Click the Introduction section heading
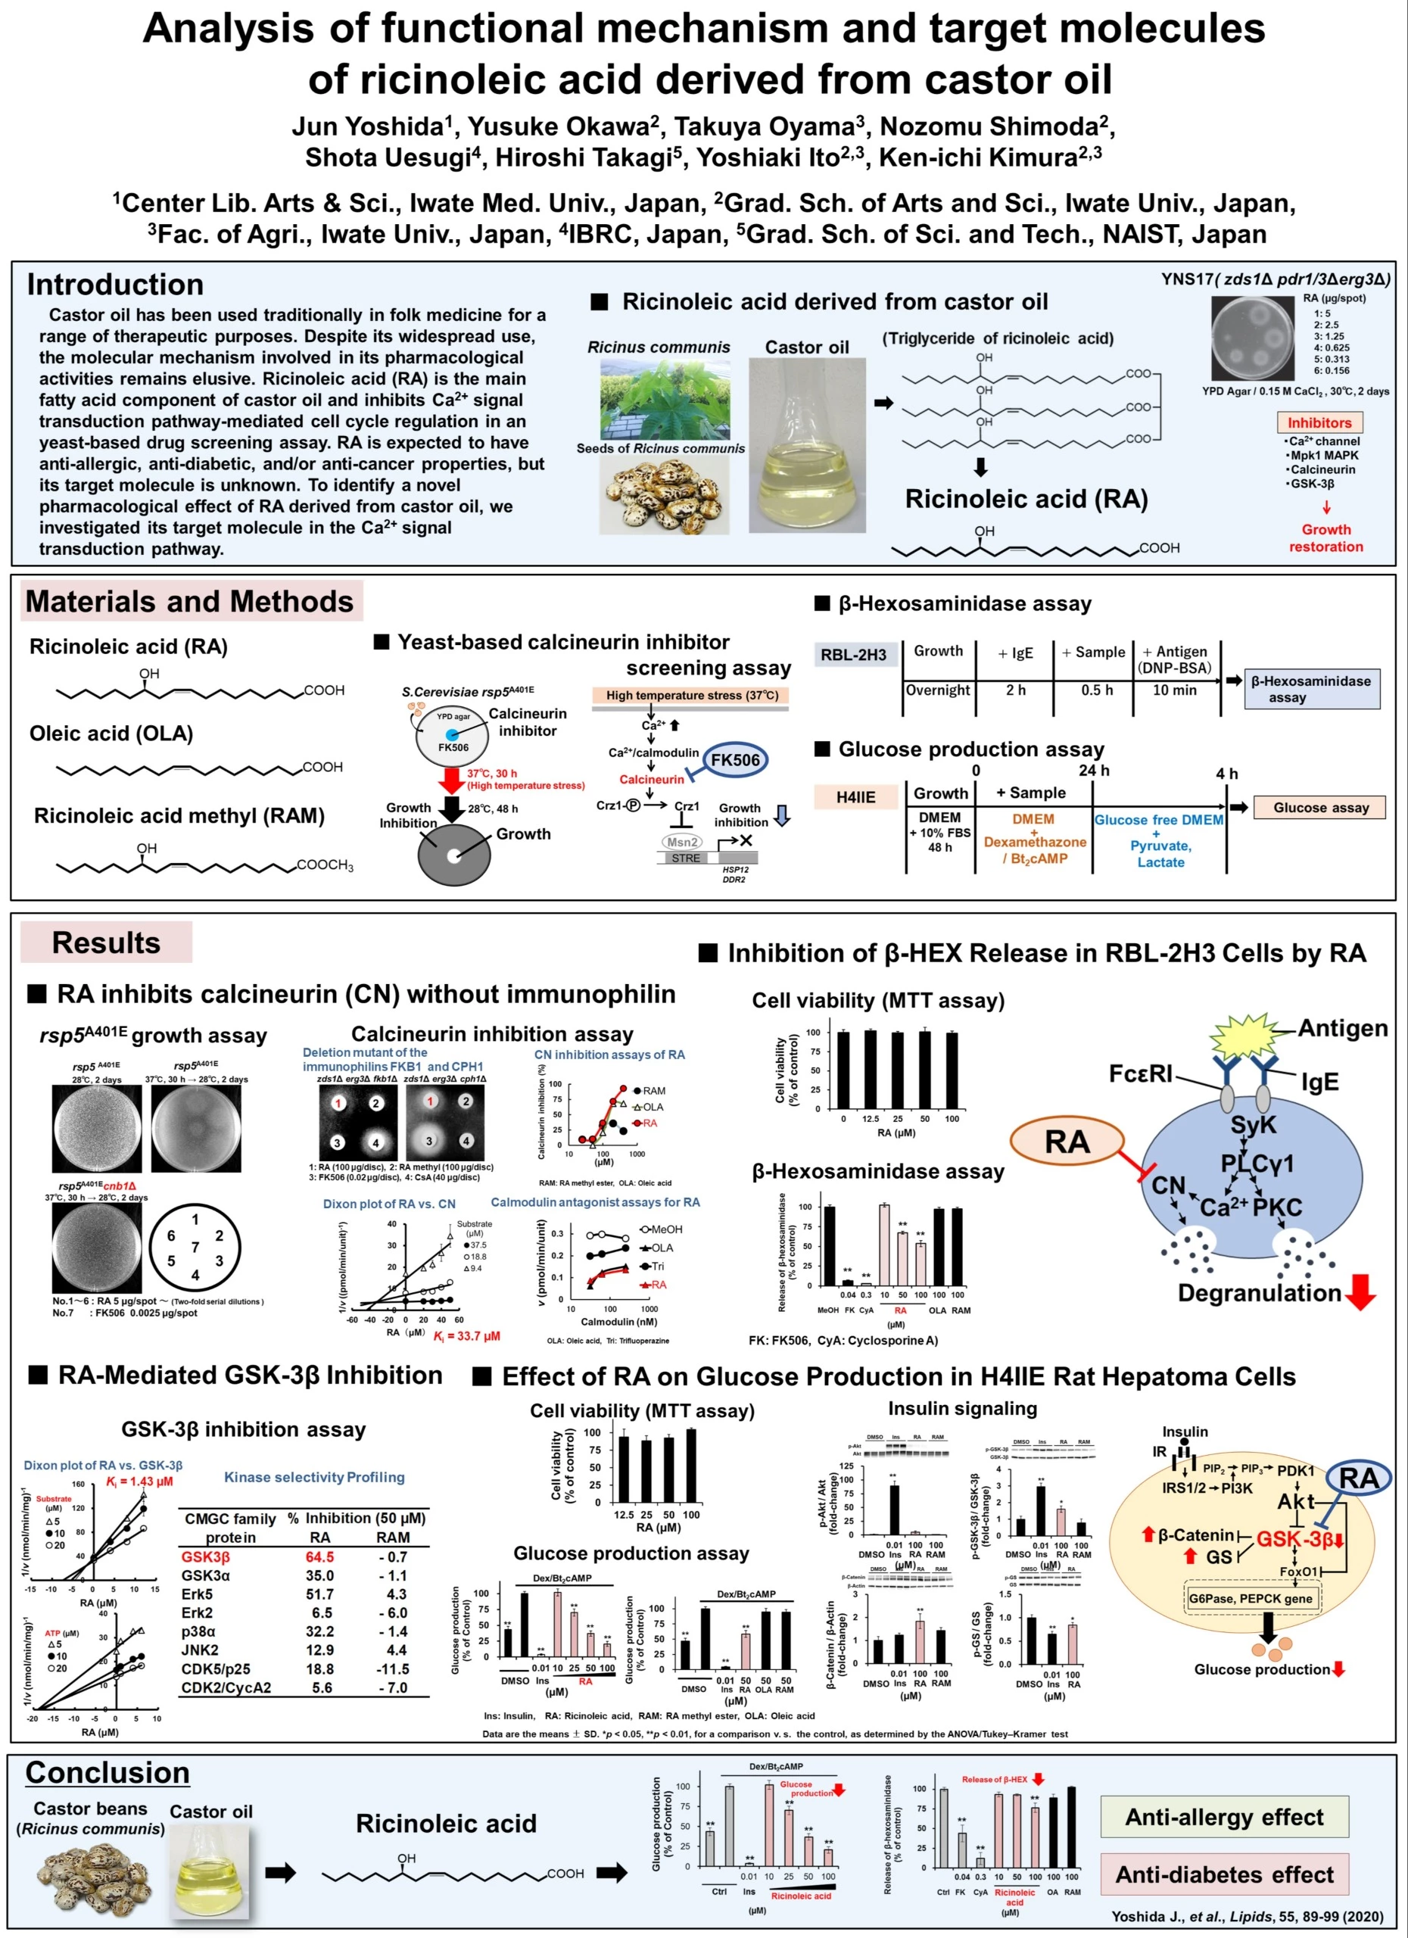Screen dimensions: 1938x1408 [115, 285]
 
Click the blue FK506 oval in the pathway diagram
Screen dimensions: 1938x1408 [735, 759]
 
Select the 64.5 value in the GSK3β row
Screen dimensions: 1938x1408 [319, 1557]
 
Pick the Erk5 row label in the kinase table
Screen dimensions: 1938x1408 [197, 1594]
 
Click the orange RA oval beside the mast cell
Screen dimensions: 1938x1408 [1067, 1142]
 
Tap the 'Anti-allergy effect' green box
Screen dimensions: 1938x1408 [1223, 1818]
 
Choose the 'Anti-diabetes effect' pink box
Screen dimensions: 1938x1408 [1223, 1874]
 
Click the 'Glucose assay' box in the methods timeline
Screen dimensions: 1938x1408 [1320, 808]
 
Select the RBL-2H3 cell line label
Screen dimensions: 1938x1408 [854, 656]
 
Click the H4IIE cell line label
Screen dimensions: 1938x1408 [855, 797]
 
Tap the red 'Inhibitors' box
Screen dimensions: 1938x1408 [1319, 423]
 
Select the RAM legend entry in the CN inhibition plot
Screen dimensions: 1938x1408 [653, 1090]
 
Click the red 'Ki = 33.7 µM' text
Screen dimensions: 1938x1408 [466, 1335]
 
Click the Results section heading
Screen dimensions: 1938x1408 [106, 943]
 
